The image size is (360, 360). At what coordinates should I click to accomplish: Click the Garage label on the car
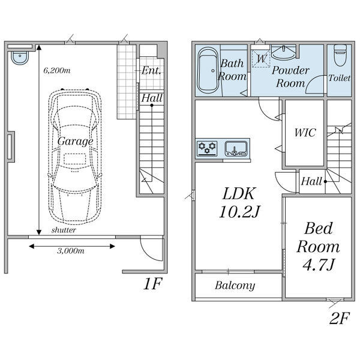pyautogui.click(x=76, y=141)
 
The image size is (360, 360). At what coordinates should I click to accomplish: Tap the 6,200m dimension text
pyautogui.click(x=57, y=70)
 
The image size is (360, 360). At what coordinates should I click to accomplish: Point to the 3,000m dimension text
pyautogui.click(x=71, y=251)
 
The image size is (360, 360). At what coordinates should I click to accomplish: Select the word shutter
pyautogui.click(x=64, y=230)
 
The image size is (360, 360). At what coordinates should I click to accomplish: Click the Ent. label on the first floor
pyautogui.click(x=151, y=70)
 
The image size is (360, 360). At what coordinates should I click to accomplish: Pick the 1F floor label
pyautogui.click(x=152, y=284)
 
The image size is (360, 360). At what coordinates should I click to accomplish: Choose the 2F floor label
pyautogui.click(x=340, y=318)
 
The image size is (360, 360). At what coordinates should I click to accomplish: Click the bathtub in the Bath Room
pyautogui.click(x=208, y=70)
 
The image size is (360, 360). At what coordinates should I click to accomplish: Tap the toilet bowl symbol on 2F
pyautogui.click(x=340, y=55)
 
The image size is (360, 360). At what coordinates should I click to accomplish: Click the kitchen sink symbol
pyautogui.click(x=236, y=149)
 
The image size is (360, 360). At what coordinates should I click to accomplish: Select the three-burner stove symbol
pyautogui.click(x=207, y=148)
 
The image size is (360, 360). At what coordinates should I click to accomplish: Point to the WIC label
pyautogui.click(x=305, y=133)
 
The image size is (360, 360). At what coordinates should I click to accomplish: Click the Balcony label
pyautogui.click(x=235, y=286)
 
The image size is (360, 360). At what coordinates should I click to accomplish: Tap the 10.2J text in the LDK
pyautogui.click(x=239, y=211)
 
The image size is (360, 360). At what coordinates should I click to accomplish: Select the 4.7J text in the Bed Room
pyautogui.click(x=318, y=265)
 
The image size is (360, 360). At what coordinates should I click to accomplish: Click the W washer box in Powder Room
pyautogui.click(x=261, y=58)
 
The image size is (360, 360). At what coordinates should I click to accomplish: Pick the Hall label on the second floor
pyautogui.click(x=311, y=181)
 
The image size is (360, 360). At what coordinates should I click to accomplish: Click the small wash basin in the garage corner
pyautogui.click(x=20, y=58)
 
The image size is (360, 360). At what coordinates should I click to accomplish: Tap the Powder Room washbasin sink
pyautogui.click(x=284, y=52)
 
